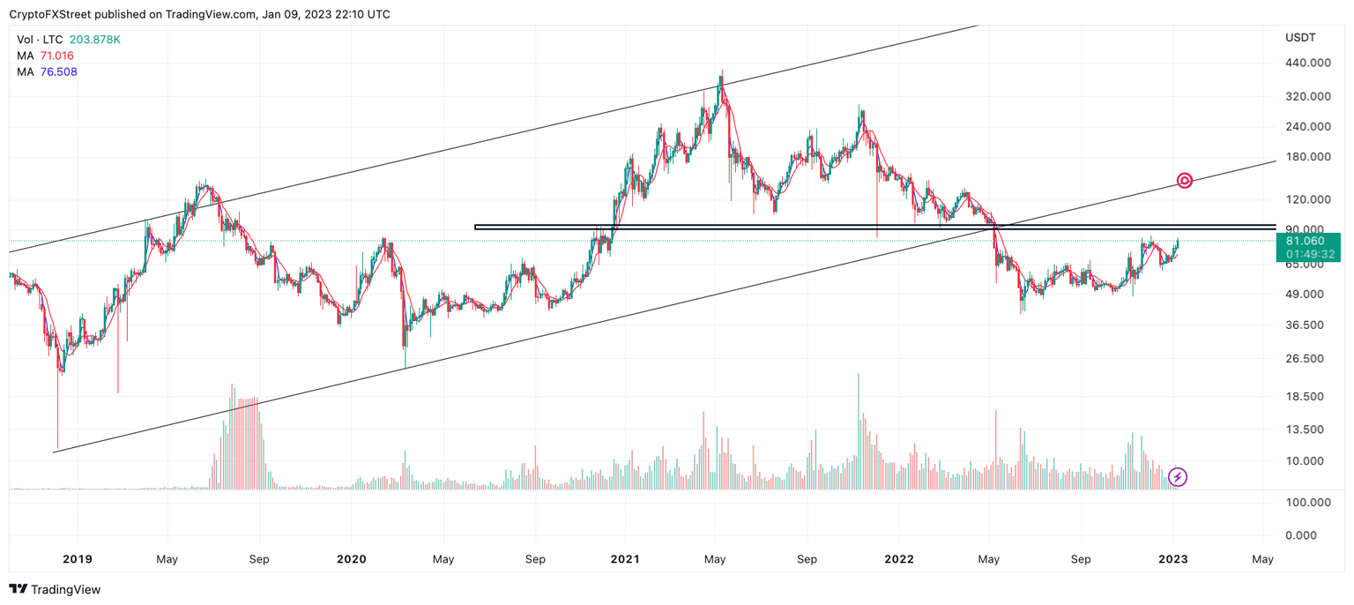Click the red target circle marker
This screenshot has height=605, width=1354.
[x=1185, y=181]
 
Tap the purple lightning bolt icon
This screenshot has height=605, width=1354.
[x=1178, y=477]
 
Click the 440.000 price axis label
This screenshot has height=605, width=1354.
[x=1307, y=63]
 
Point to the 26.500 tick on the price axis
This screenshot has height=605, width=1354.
[x=1307, y=358]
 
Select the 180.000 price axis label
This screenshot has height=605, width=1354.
[x=1307, y=157]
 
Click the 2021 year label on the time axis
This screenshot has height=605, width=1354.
[x=625, y=559]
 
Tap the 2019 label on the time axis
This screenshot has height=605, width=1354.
[x=77, y=559]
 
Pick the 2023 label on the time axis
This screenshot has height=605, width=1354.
[x=1172, y=559]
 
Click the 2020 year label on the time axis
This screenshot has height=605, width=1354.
[x=351, y=559]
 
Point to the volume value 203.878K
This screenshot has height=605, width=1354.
[x=95, y=40]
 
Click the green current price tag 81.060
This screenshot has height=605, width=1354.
[x=1305, y=240]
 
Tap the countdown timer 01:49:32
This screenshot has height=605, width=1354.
[x=1305, y=254]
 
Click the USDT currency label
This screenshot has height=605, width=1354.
[x=1300, y=37]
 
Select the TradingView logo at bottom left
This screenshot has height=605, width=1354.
[x=55, y=589]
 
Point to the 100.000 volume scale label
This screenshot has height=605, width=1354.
[x=1307, y=502]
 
